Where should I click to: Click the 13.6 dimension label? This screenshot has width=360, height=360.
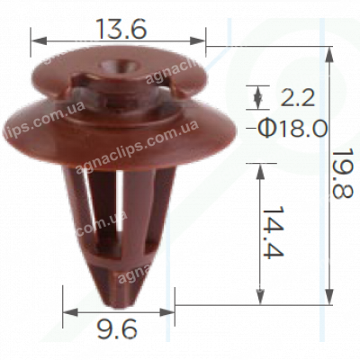coord(121,27)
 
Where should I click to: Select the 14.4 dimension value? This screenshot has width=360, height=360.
coord(287,232)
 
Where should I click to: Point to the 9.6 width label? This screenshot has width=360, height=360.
coord(118,331)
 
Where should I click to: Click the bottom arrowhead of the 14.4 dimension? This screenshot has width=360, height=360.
coord(261,299)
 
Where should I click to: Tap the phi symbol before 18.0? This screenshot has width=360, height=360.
coord(265,128)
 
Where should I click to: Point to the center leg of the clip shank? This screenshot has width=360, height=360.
coord(118,216)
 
